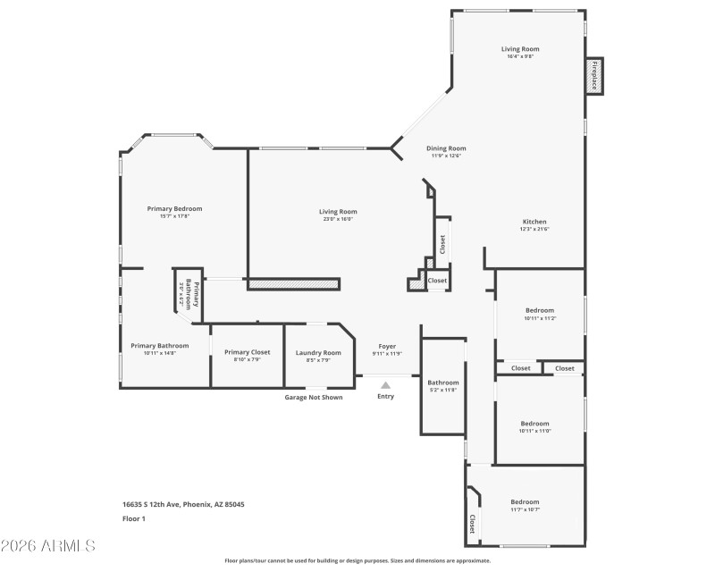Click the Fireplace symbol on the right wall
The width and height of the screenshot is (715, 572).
tap(593, 75)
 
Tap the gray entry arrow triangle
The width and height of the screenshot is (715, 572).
tap(385, 385)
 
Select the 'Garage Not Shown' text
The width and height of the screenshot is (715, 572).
tap(313, 397)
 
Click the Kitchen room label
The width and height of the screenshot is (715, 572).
tap(534, 222)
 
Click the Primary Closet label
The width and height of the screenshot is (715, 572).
tap(247, 352)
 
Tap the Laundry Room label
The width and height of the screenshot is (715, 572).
tap(318, 352)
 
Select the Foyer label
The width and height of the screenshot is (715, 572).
tap(386, 346)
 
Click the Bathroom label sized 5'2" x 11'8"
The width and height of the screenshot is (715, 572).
tap(442, 383)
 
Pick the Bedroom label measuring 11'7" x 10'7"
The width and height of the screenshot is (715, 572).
tap(525, 501)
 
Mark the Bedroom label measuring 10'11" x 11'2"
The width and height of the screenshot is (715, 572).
tap(539, 310)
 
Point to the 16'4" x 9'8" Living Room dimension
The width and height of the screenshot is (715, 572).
tap(519, 57)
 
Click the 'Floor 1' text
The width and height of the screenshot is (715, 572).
tap(133, 518)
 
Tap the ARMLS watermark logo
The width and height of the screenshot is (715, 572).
tap(48, 545)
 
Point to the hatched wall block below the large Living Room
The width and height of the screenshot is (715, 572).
tap(294, 284)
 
